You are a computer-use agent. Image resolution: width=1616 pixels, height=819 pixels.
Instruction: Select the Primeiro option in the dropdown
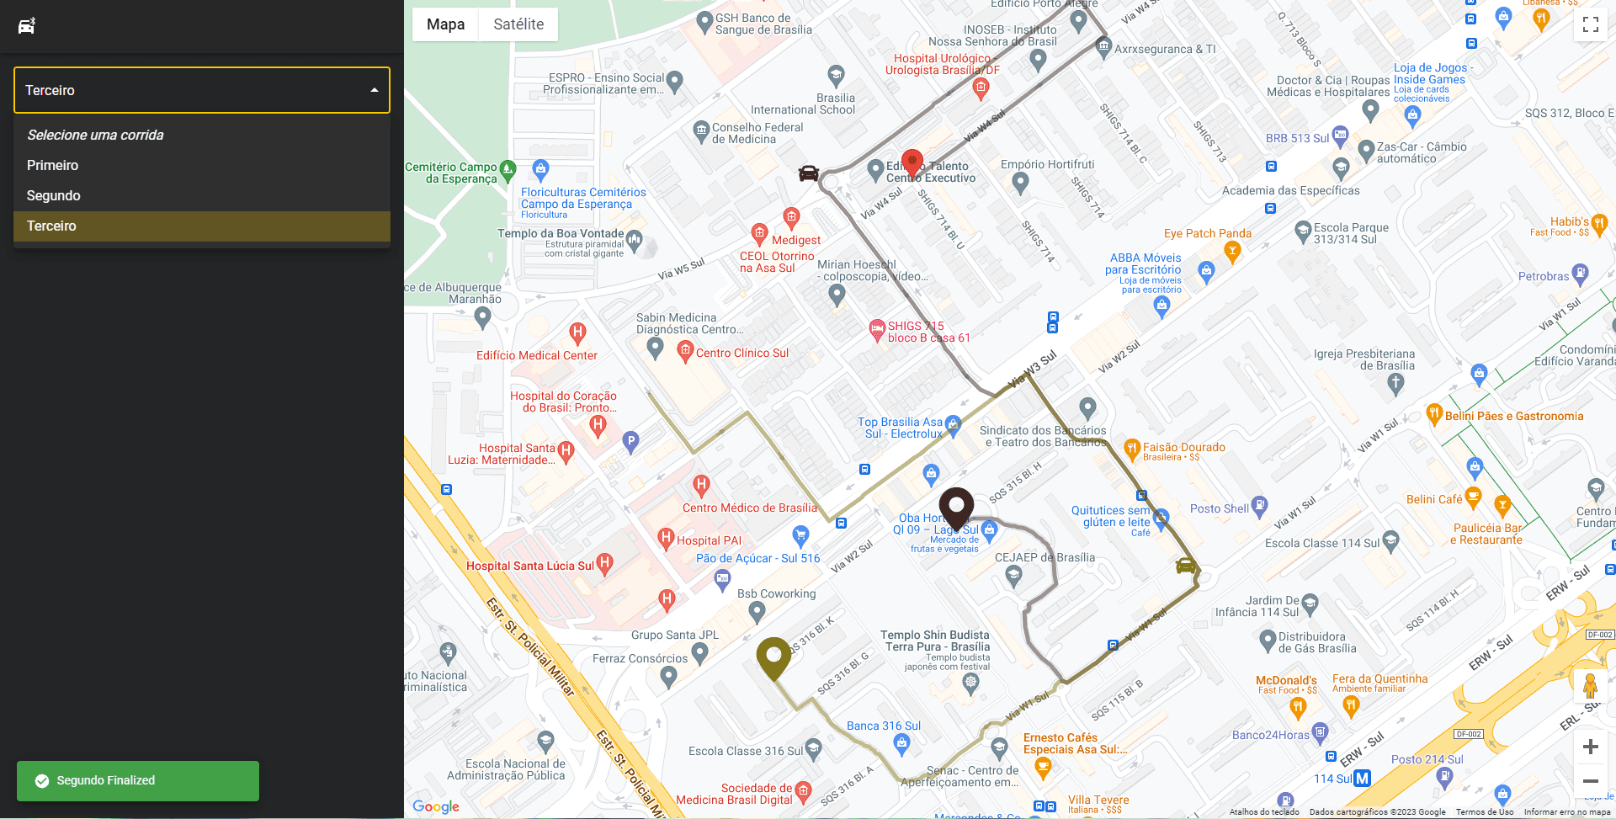(52, 165)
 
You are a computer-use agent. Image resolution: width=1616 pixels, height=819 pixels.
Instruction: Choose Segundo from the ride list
(53, 195)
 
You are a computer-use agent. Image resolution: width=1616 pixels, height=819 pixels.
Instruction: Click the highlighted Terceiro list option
(51, 226)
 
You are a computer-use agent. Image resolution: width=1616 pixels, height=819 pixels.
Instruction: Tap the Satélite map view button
(518, 24)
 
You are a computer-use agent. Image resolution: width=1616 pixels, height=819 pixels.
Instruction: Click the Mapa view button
(445, 24)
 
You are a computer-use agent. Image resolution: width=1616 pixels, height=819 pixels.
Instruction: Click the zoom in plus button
(1590, 747)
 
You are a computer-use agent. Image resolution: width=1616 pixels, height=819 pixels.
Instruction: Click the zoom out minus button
(1590, 781)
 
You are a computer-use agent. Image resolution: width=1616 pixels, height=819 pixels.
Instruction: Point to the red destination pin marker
(912, 162)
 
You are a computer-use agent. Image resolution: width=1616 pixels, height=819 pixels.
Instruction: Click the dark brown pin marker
(956, 506)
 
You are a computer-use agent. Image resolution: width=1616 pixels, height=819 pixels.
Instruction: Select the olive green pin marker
(773, 657)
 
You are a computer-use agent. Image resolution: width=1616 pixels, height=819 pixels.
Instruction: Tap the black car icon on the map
(808, 173)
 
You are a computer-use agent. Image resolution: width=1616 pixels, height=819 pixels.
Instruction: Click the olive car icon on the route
(1185, 566)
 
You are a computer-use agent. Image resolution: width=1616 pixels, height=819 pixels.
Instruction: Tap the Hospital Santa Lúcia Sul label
(530, 566)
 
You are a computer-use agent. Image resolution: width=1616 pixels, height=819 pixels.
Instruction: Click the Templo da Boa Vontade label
(561, 233)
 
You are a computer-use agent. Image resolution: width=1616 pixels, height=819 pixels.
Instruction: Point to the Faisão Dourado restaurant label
(1183, 447)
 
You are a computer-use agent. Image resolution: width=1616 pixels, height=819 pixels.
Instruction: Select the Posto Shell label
(1219, 508)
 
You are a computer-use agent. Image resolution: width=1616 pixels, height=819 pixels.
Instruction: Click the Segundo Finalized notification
(138, 780)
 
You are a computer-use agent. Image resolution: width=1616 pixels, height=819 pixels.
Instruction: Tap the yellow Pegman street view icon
(1590, 686)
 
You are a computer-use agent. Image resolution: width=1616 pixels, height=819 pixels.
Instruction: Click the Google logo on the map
(436, 806)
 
